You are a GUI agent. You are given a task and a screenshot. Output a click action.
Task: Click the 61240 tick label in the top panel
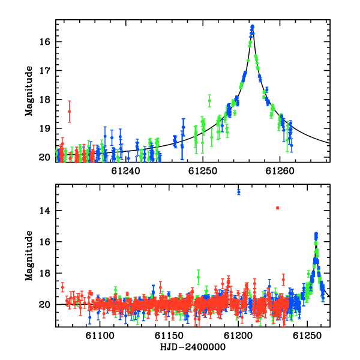tap(125, 171)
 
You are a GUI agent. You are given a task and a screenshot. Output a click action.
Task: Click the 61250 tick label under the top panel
tap(203, 171)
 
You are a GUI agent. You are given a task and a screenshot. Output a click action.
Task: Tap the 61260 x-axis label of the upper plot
tap(280, 171)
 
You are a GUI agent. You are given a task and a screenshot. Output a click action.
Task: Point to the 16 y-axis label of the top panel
tap(45, 42)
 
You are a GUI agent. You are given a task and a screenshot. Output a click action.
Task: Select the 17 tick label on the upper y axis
tap(45, 70)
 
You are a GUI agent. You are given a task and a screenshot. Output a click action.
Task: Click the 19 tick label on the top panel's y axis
tap(45, 128)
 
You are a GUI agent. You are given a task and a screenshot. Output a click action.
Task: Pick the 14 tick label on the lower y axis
tap(45, 211)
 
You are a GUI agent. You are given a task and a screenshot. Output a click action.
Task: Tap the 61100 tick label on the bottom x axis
tap(100, 335)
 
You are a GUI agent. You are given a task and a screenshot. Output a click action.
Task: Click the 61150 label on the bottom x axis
tap(169, 335)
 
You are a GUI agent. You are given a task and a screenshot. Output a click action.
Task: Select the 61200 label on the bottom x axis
tap(238, 335)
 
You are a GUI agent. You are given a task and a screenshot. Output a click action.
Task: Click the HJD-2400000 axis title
tap(193, 347)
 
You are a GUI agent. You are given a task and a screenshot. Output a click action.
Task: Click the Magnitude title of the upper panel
tap(29, 91)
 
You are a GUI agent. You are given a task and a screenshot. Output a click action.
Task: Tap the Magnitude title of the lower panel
tap(29, 256)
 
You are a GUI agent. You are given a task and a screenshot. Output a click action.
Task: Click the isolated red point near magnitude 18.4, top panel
tap(70, 112)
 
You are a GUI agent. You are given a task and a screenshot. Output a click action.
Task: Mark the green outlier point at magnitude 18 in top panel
tap(209, 101)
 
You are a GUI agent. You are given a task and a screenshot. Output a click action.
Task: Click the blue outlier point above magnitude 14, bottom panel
tap(239, 191)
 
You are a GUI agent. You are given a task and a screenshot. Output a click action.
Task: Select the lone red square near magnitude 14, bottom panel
tap(278, 208)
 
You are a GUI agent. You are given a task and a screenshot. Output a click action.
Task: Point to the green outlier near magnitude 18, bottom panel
tap(198, 277)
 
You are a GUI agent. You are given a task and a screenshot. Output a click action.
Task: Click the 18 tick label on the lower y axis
tap(45, 273)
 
